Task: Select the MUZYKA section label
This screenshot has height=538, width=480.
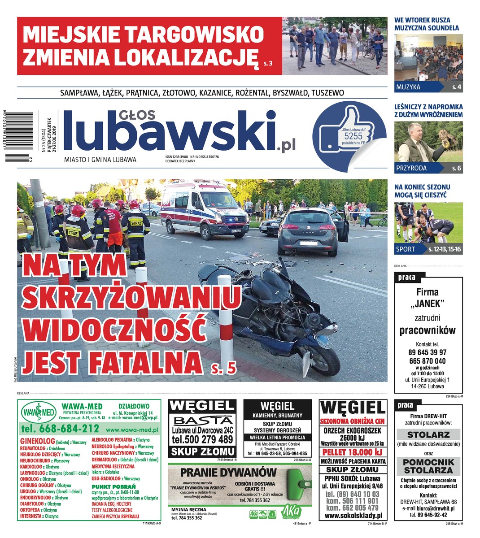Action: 408,87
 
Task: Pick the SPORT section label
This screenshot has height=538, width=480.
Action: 406,249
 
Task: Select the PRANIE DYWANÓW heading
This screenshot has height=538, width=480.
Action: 228,472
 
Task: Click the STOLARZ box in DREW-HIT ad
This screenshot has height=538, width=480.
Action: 428,435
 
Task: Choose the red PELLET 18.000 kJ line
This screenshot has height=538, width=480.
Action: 353,452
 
